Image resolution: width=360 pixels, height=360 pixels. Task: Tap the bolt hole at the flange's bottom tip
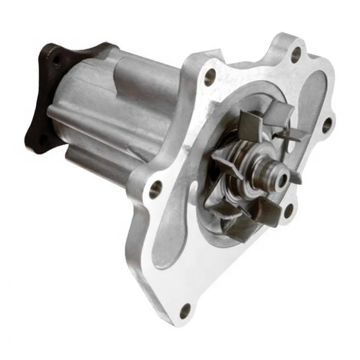(185, 311)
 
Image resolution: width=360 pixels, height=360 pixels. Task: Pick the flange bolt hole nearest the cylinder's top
(210, 76)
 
